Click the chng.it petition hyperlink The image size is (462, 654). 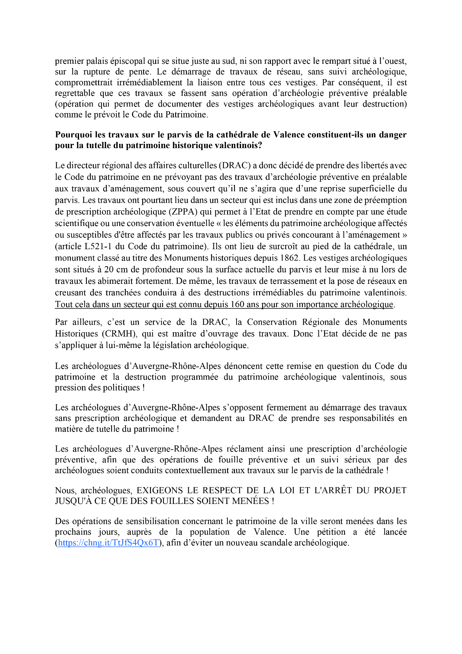coord(108,543)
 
